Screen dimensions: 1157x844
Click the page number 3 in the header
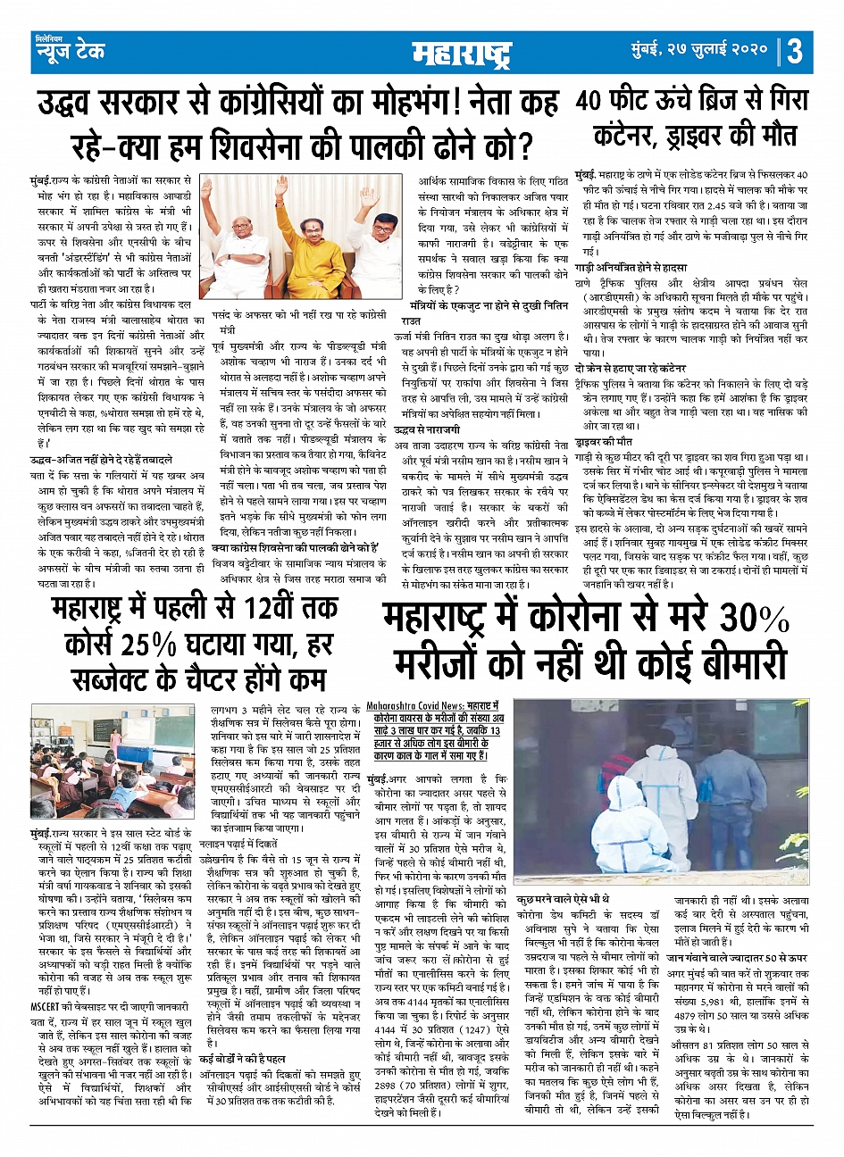(795, 51)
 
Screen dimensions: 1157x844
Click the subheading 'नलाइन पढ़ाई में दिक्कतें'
(243, 843)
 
